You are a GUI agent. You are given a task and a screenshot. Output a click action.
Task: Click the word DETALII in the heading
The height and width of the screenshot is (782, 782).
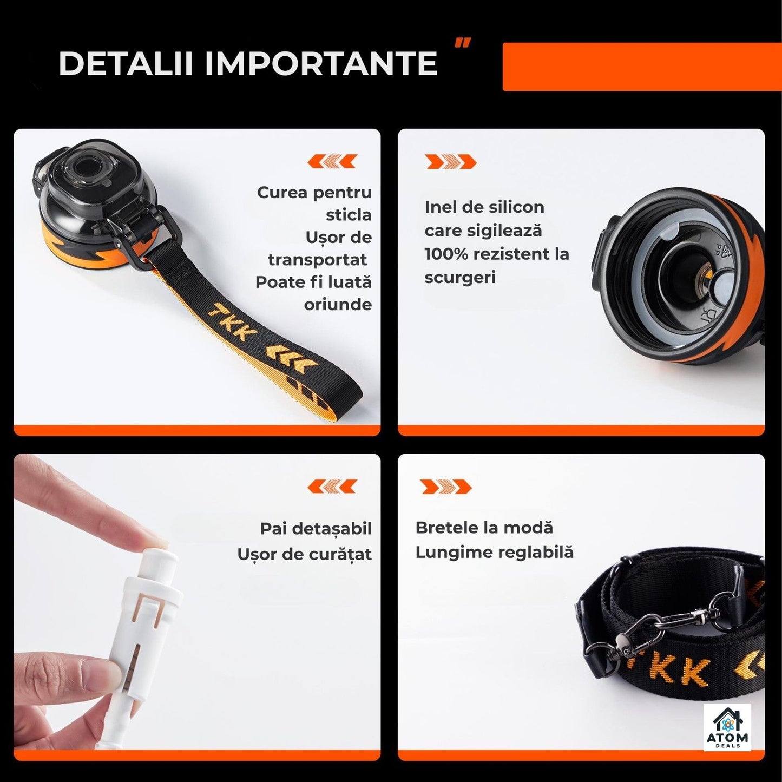126,63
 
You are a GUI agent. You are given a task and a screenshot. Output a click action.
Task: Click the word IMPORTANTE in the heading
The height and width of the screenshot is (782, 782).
321,63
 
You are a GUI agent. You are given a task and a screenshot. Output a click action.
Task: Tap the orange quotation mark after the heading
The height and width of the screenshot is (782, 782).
463,42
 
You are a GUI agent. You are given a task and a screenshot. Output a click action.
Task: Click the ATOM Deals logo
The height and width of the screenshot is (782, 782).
727,727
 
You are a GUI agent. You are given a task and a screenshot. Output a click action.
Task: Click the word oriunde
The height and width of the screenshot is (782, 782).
338,304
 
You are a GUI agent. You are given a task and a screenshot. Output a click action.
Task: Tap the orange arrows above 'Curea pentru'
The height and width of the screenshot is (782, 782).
332,161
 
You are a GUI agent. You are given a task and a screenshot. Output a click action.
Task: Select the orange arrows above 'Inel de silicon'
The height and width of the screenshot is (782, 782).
450,161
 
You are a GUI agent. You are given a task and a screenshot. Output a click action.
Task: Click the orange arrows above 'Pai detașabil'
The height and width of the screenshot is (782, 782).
332,486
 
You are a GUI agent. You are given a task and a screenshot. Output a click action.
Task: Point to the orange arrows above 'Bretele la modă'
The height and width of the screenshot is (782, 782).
446,487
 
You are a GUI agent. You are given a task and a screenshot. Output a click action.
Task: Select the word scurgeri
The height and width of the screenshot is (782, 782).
460,278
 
